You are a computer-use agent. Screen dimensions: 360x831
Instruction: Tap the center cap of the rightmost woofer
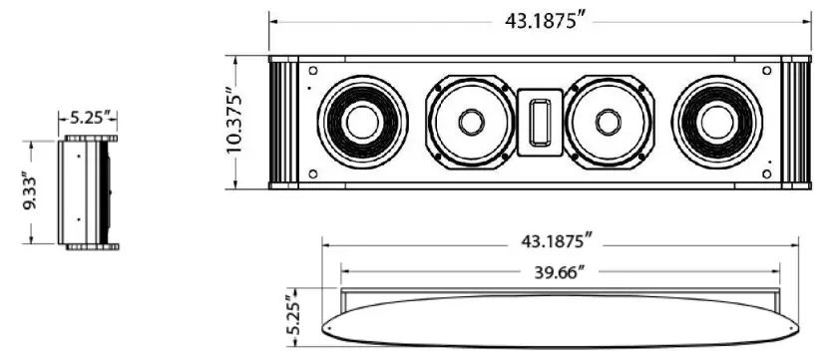[716, 122]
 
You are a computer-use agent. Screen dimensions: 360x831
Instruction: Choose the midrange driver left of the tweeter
[470, 122]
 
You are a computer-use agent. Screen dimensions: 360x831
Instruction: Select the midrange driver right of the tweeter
[609, 122]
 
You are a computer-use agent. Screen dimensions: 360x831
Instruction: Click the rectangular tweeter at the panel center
[541, 122]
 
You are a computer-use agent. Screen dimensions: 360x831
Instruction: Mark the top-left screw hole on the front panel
[313, 71]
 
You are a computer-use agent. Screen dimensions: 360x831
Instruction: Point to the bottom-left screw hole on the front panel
[313, 175]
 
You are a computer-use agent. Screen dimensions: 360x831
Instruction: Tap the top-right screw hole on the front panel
[766, 71]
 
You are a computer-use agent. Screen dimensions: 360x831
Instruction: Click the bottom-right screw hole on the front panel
[766, 175]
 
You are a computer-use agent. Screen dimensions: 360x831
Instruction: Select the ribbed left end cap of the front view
[283, 122]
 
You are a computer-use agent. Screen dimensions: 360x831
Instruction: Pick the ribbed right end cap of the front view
[796, 122]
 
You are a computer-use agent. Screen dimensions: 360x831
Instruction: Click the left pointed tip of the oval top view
[326, 325]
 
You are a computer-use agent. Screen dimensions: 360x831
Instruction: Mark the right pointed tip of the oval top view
[797, 325]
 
